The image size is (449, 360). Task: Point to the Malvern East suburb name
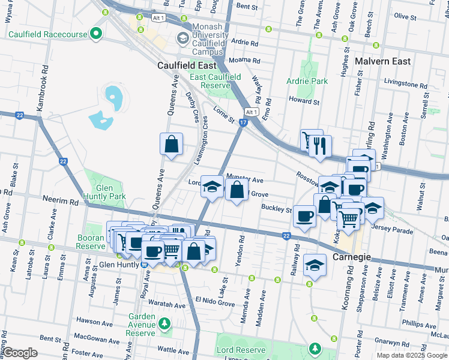382,61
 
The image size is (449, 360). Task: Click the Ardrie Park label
307,81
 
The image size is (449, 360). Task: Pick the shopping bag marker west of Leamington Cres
172,144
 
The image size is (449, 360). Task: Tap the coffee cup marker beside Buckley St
305,215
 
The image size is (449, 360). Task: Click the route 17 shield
243,122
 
